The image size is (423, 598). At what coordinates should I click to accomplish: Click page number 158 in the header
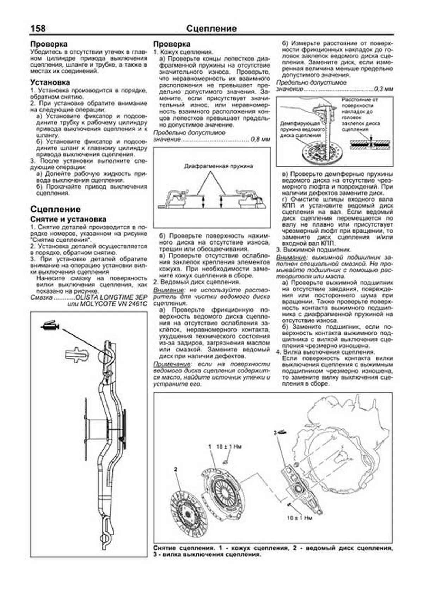(x=38, y=29)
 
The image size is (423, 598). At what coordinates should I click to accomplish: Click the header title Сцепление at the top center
(x=211, y=29)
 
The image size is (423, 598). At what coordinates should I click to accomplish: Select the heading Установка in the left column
(x=50, y=82)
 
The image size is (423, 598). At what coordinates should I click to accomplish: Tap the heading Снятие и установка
(x=68, y=219)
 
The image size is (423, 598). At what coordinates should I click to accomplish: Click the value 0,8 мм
(x=260, y=140)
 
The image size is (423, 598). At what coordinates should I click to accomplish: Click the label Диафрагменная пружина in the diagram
(x=218, y=166)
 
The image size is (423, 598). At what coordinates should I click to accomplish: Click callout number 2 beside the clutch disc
(x=176, y=469)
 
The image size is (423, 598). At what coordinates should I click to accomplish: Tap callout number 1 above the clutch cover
(x=210, y=446)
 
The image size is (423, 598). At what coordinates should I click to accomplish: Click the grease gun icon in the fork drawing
(x=50, y=326)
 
